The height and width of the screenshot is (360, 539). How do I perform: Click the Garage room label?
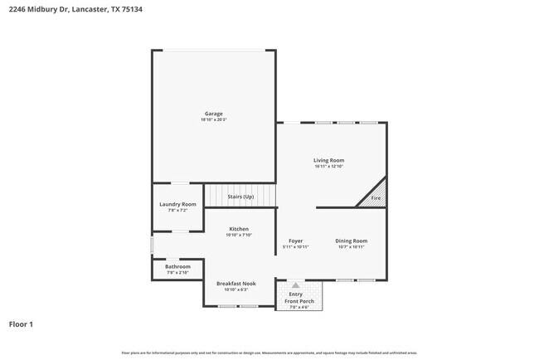[213, 114]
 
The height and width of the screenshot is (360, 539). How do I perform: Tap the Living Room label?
[328, 160]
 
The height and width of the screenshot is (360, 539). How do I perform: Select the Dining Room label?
[351, 241]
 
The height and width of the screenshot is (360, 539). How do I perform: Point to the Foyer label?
[295, 241]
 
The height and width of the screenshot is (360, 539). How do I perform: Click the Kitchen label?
[239, 229]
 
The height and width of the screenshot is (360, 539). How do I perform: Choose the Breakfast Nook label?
[236, 283]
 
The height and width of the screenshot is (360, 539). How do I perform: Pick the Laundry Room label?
[177, 204]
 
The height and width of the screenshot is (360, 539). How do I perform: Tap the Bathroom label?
[177, 266]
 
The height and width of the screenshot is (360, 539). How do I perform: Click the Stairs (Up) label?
[240, 197]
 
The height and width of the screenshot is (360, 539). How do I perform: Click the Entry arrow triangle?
[296, 285]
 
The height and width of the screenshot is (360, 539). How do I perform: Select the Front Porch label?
[299, 300]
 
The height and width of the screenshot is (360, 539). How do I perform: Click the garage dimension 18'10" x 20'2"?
[213, 119]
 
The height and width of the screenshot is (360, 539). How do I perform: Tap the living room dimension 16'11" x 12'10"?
[328, 166]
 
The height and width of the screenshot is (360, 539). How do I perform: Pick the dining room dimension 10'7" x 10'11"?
[351, 246]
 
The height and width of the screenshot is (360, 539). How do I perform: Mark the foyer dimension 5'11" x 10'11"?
[295, 246]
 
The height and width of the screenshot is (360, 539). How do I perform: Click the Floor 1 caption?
[21, 324]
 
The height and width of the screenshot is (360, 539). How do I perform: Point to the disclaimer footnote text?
[269, 353]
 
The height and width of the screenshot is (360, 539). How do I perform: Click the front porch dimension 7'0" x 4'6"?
[299, 307]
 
